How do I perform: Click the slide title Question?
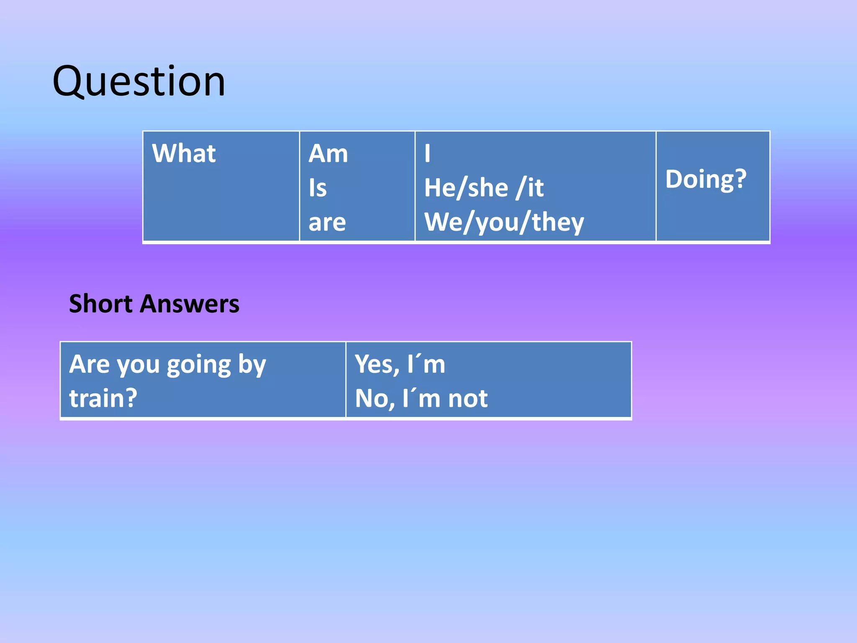coord(139,82)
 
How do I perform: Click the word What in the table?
coord(184,153)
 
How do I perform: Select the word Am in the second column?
coord(328,154)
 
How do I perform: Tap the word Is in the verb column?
coord(318,188)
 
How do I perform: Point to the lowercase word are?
coord(327,222)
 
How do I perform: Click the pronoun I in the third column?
coord(427,154)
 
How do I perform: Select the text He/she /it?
coord(484,188)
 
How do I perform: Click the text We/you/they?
coord(504,222)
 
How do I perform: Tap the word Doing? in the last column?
coord(706,179)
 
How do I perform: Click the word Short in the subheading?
coord(101,303)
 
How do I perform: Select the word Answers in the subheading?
coord(190,303)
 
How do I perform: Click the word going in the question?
coord(199,365)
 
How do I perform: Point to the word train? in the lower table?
coord(103,398)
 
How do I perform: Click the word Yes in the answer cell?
coord(376,364)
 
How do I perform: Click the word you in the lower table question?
coord(138,365)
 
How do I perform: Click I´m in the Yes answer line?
coord(426,364)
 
